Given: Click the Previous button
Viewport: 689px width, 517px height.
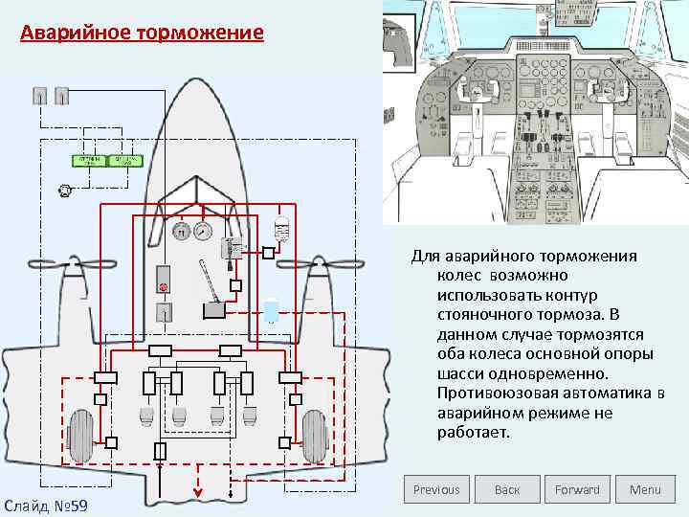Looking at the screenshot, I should [x=436, y=489].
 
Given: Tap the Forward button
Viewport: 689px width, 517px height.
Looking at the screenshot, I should [x=577, y=489].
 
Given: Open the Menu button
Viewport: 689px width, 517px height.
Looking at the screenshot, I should [x=645, y=489].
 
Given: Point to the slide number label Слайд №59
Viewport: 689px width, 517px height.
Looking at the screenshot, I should [x=45, y=505].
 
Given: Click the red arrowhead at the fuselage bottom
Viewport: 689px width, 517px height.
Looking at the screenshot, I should [x=199, y=494].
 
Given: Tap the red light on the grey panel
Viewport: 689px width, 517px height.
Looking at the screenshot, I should [x=164, y=286].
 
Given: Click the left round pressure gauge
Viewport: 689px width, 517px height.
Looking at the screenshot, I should [x=179, y=231].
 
